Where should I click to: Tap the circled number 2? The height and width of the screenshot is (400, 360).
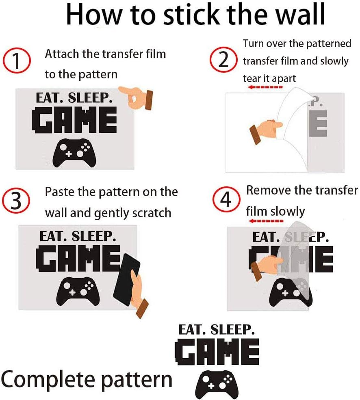point(223,61)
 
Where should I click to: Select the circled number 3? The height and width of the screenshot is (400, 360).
point(16,201)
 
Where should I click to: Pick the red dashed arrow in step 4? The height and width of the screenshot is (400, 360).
point(266,221)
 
